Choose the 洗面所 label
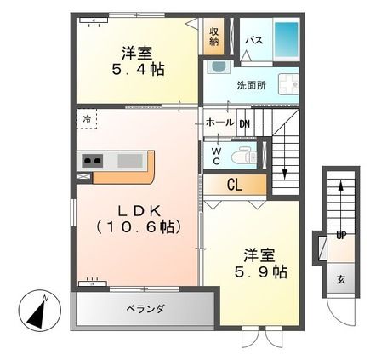pos(252,85)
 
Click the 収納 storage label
pos(214,37)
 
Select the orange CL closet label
pos(234,182)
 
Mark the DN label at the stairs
pos(244,123)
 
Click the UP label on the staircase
pos(339,234)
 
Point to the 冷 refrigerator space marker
pos(86,119)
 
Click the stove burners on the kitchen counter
pos(91,160)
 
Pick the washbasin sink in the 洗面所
pos(219,67)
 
